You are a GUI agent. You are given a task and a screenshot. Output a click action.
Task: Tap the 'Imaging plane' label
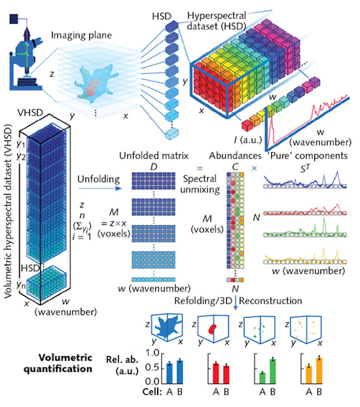(81, 36)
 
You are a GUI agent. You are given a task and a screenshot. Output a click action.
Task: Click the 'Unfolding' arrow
(100, 188)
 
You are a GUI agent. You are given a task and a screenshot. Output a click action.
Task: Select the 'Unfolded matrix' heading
(154, 156)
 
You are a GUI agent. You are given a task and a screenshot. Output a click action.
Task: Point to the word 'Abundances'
(235, 156)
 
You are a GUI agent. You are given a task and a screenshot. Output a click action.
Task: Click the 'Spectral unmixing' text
(200, 184)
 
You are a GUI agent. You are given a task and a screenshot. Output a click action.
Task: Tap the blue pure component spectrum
(305, 181)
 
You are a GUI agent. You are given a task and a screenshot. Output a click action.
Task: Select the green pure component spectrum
(305, 228)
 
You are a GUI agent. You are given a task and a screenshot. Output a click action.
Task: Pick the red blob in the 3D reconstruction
(212, 329)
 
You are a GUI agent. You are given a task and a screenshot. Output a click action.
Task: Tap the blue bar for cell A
(169, 373)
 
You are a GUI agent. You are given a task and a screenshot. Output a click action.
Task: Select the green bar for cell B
(272, 371)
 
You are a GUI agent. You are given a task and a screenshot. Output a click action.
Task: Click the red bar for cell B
(226, 375)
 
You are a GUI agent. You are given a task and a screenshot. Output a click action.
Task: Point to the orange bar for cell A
(308, 375)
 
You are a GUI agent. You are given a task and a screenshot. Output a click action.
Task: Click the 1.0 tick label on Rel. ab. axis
(153, 353)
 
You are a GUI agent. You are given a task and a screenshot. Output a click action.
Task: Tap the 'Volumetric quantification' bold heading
(58, 363)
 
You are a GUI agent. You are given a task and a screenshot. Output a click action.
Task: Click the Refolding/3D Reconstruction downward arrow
(235, 303)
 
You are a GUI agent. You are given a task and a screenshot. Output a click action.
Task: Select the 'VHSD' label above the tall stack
(30, 113)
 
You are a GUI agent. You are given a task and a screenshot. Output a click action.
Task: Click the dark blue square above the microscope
(14, 19)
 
